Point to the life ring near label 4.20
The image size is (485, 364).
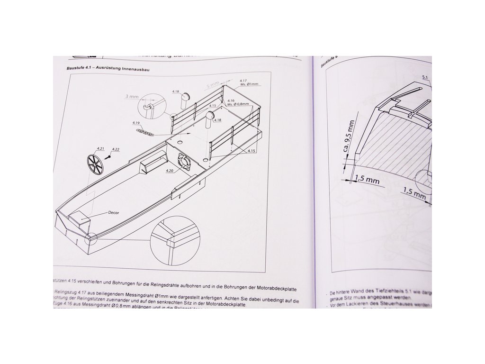(183, 161)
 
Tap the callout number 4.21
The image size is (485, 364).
(100, 148)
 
